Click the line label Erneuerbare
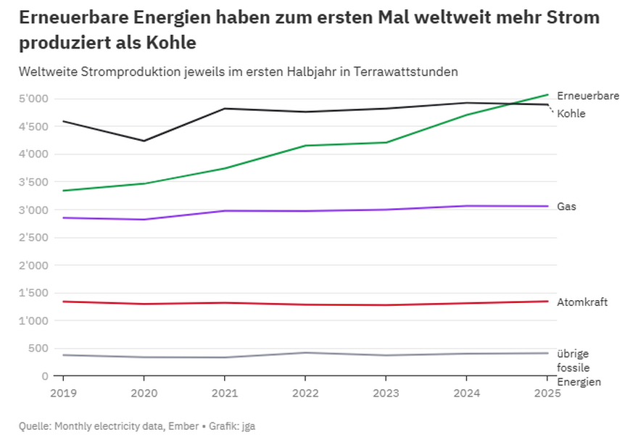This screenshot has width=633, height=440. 587,96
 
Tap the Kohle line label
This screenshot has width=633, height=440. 571,114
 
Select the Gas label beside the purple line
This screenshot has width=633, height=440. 566,207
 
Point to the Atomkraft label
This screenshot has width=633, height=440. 582,302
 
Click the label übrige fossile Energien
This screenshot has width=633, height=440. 578,368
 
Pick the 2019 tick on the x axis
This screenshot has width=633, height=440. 63,394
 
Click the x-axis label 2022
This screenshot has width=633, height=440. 305,394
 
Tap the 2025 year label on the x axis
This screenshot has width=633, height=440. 546,394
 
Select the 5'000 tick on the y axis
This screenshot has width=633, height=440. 34,99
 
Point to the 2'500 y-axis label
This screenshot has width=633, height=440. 34,238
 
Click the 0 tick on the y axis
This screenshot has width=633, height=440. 44,376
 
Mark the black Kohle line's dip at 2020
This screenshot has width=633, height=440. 144,141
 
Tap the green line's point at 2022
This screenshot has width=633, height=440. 305,146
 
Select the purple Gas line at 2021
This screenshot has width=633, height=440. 224,211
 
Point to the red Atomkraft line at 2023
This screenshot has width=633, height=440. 385,305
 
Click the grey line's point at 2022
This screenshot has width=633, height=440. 305,353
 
